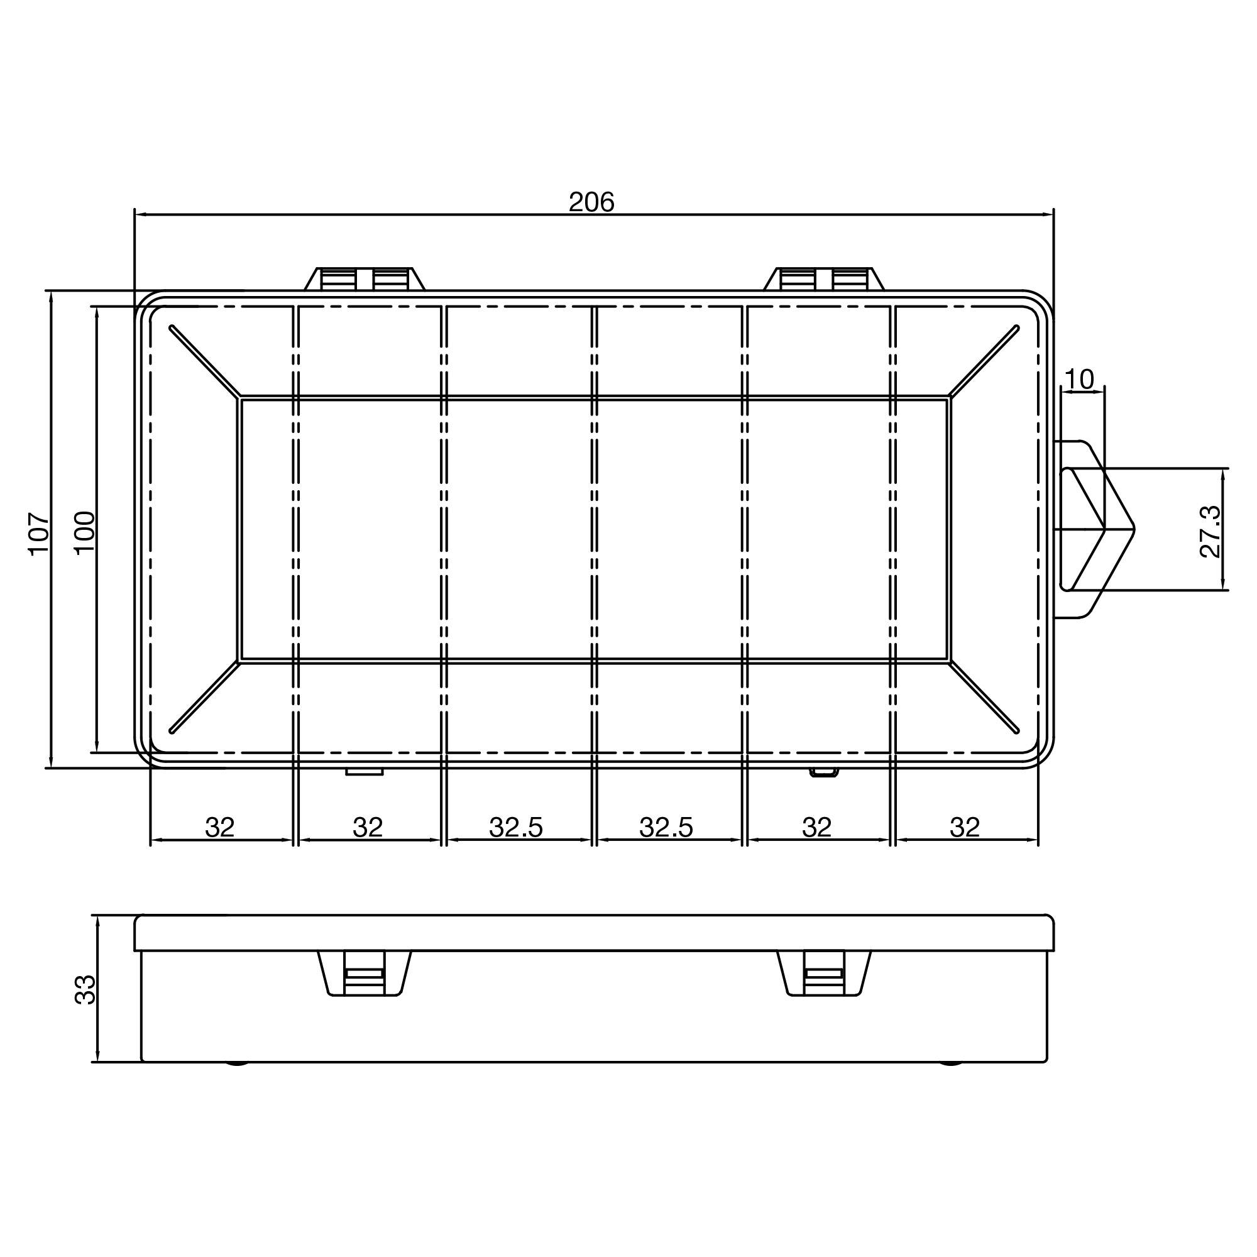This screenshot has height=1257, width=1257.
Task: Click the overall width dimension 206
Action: (x=591, y=202)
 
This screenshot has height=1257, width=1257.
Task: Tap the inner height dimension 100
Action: (x=85, y=532)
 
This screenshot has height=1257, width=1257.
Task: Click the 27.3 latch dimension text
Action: (x=1210, y=532)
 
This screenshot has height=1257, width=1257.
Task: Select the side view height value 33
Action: (x=85, y=990)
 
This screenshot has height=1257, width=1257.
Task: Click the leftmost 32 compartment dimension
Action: (x=219, y=828)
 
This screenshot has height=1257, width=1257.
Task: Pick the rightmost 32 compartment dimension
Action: (x=964, y=828)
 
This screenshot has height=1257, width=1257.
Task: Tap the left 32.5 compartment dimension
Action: (x=516, y=828)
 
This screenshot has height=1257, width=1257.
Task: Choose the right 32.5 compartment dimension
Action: (x=666, y=828)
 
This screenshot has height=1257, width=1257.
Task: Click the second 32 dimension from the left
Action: (x=368, y=828)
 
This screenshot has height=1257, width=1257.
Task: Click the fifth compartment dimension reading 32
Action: (x=816, y=828)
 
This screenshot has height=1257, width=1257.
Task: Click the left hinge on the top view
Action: (x=365, y=279)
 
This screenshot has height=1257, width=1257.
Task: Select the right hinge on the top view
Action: (x=824, y=279)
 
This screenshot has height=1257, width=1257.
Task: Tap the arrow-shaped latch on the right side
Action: (x=1099, y=529)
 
